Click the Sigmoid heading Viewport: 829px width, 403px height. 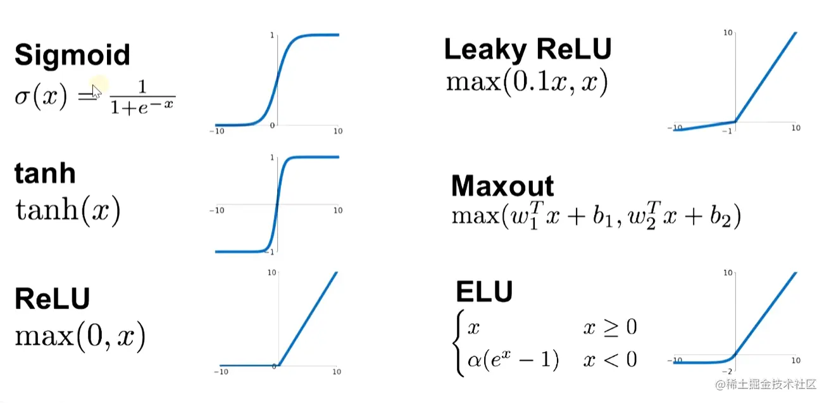pos(72,55)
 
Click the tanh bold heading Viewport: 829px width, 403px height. pos(44,173)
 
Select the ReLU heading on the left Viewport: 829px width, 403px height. pos(52,299)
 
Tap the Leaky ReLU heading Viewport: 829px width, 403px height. pos(528,49)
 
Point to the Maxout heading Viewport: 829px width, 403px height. pos(502,186)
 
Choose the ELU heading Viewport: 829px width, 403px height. pos(484,292)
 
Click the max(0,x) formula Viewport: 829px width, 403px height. pos(80,336)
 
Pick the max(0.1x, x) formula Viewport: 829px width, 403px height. pos(527,82)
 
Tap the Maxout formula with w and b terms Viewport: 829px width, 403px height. pos(595,216)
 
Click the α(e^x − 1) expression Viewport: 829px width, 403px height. pos(513,360)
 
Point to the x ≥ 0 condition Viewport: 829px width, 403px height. pos(609,327)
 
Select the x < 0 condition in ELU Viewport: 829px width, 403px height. pos(609,360)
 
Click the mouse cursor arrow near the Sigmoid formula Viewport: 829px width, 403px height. pos(96,90)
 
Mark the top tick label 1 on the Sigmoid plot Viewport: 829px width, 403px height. pos(272,35)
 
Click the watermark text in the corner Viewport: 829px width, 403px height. pos(766,384)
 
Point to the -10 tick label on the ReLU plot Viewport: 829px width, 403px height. pos(221,372)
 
